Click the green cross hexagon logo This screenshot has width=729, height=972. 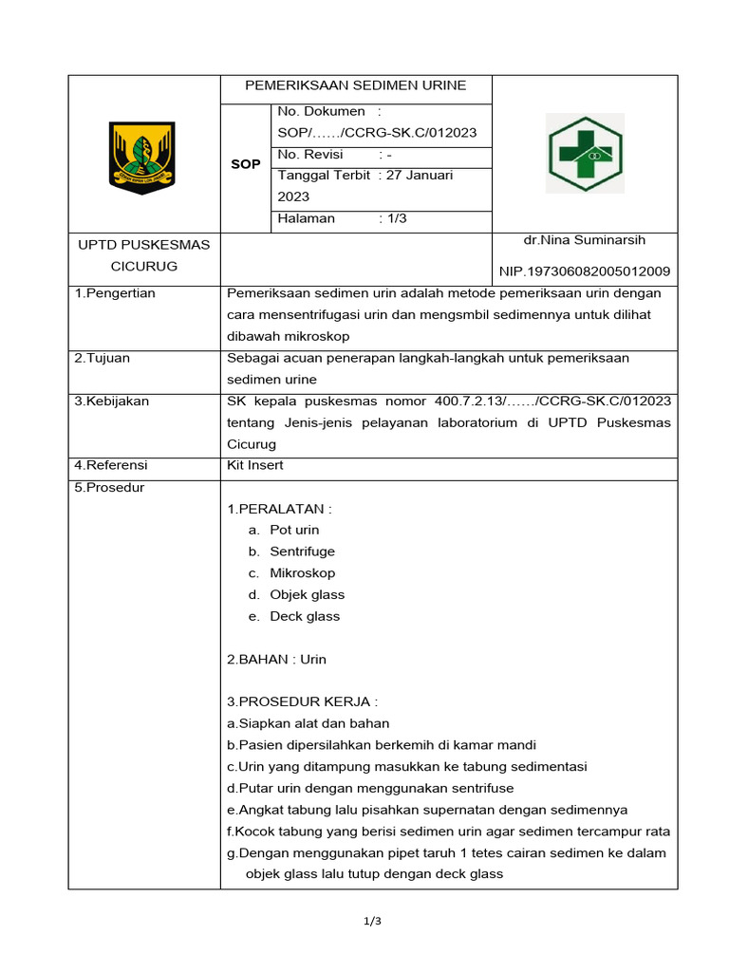coord(584,153)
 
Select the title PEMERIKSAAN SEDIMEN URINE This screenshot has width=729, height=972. coord(356,85)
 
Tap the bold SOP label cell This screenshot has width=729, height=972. coord(246,164)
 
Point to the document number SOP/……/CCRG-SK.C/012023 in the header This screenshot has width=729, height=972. coord(377,133)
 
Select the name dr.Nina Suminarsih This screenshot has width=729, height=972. coord(584,240)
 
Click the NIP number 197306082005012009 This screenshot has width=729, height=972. coord(585,271)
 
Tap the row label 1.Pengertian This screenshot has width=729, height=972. coord(114,293)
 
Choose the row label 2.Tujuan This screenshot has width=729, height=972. coord(103,358)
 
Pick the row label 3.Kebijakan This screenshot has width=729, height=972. coord(111,402)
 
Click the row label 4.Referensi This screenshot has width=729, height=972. coord(111,466)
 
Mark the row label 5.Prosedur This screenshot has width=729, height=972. coord(109,488)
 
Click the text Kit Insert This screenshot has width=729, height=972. coord(255,466)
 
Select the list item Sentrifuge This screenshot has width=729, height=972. coord(302,551)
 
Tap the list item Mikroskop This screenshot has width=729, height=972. coord(302,573)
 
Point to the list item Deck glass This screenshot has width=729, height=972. coord(305,616)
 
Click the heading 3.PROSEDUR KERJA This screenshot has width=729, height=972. coord(302,702)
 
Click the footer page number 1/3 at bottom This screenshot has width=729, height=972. coord(372,921)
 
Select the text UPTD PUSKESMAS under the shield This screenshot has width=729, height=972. coord(143,245)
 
